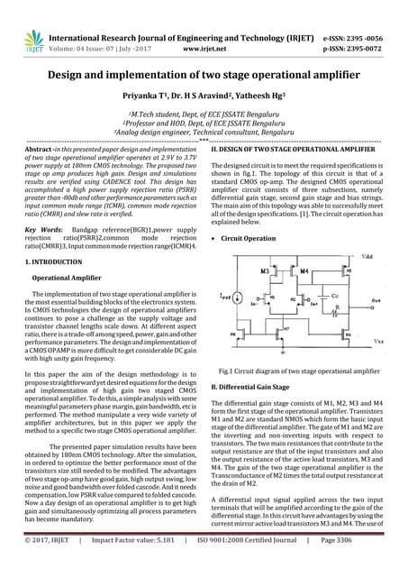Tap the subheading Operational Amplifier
tap(69, 278)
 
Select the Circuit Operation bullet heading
tap(249, 238)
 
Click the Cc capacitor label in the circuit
tap(333, 295)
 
